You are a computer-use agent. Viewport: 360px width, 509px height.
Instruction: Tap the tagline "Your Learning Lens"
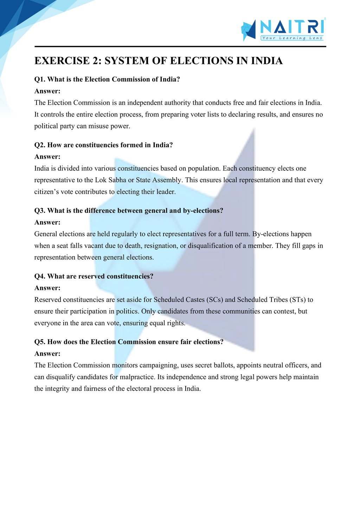[292, 38]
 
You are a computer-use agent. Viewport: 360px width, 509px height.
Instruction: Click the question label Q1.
[40, 79]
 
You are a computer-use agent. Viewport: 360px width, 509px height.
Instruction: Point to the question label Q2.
[40, 145]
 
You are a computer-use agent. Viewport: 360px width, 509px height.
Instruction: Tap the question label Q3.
[40, 211]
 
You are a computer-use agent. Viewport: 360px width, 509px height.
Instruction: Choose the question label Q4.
[40, 276]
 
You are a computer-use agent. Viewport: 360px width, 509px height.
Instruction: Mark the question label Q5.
[40, 342]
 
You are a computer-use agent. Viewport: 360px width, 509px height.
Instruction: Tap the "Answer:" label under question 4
[47, 288]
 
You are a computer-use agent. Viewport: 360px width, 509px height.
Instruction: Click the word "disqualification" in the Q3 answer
[211, 246]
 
